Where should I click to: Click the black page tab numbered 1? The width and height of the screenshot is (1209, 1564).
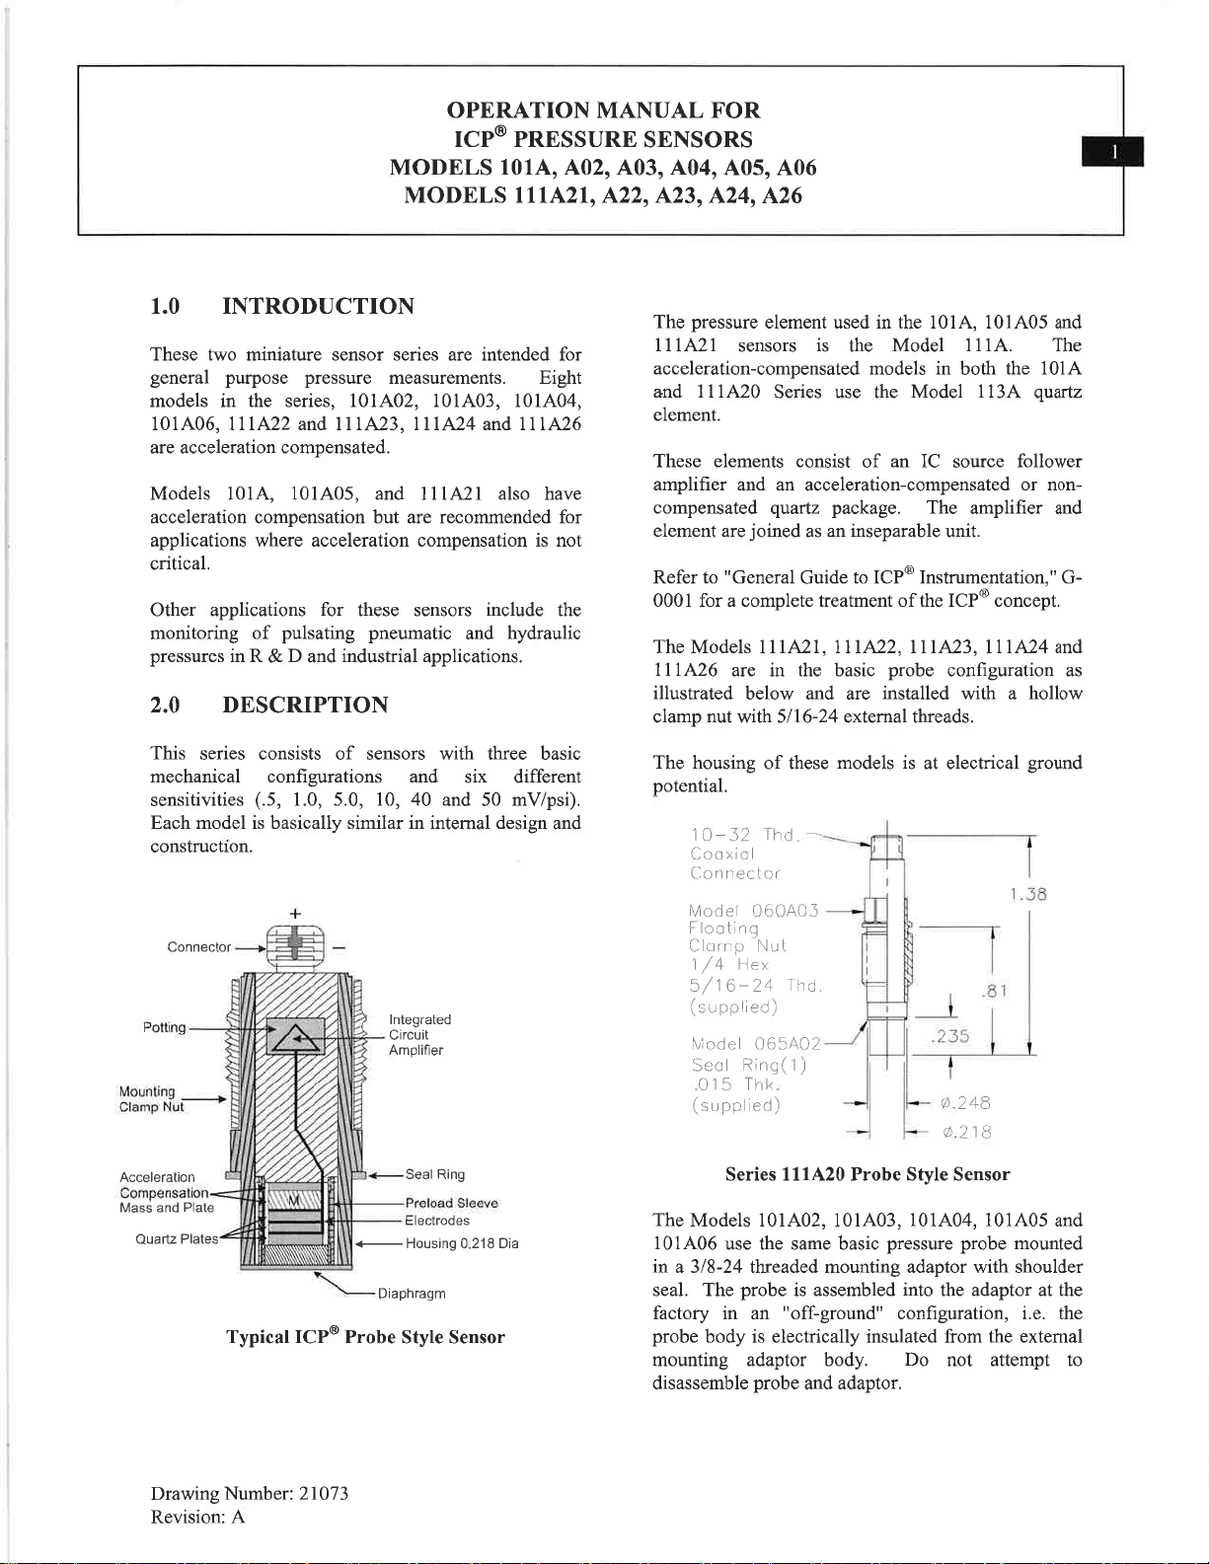pyautogui.click(x=1113, y=152)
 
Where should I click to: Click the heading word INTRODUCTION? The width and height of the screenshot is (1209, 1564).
pyautogui.click(x=318, y=306)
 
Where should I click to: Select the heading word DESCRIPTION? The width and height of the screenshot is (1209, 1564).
pyautogui.click(x=305, y=705)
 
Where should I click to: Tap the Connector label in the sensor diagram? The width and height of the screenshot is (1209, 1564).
pyautogui.click(x=198, y=947)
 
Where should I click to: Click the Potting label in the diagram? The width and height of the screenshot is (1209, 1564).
pyautogui.click(x=164, y=1027)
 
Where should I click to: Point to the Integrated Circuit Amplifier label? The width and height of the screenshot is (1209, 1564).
pyautogui.click(x=418, y=1034)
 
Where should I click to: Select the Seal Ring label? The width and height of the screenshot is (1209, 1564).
pyautogui.click(x=434, y=1174)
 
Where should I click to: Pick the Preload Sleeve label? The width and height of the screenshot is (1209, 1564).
pyautogui.click(x=451, y=1203)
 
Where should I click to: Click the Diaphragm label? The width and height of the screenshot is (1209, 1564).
pyautogui.click(x=411, y=1294)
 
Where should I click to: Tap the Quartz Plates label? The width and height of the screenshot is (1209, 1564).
pyautogui.click(x=177, y=1239)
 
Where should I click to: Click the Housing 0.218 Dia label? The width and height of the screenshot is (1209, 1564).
pyautogui.click(x=461, y=1243)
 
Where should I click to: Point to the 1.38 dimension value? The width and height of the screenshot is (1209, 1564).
pyautogui.click(x=1027, y=895)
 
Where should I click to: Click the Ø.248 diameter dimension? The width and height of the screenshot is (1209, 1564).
pyautogui.click(x=965, y=1103)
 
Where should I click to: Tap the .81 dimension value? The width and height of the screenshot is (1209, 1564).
pyautogui.click(x=994, y=991)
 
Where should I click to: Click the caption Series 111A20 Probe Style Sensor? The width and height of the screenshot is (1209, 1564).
pyautogui.click(x=867, y=1174)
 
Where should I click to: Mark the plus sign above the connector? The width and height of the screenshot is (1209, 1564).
pyautogui.click(x=295, y=914)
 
